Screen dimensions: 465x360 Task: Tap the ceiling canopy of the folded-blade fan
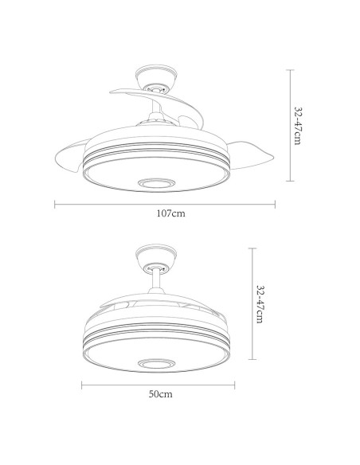click(155, 260)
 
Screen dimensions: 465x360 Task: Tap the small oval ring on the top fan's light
click(156, 182)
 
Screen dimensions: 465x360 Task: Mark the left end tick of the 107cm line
click(55, 204)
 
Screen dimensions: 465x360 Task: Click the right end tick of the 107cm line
click(276, 204)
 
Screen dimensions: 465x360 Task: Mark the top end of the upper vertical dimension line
click(288, 69)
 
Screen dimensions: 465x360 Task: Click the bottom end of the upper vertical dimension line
click(288, 180)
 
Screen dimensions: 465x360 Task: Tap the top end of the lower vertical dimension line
click(252, 248)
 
